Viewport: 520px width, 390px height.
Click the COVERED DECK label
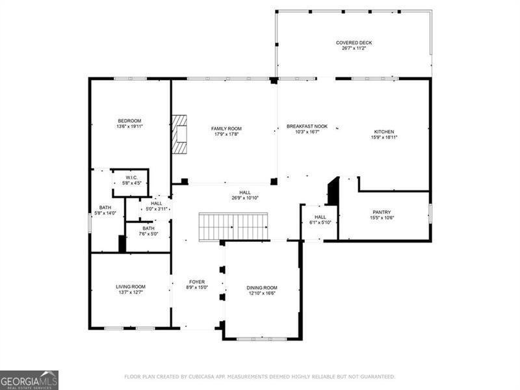pos(354,43)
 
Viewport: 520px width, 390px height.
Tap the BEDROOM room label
pos(129,121)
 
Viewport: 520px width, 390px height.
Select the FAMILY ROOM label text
pos(226,129)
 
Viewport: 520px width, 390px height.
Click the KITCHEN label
pos(383,132)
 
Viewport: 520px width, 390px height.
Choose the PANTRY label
pos(382,212)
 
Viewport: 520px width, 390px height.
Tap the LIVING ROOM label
pos(131,287)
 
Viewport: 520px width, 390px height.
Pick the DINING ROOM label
pos(262,287)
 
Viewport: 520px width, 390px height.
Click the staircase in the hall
pos(233,227)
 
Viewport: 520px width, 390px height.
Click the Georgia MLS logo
pos(29,380)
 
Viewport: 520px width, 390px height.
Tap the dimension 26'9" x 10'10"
pos(245,198)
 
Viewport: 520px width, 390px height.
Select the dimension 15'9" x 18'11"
pos(383,137)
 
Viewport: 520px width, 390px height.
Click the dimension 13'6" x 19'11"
pos(129,127)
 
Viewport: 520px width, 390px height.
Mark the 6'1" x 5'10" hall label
pos(320,222)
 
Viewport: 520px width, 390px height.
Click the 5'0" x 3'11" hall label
pos(157,209)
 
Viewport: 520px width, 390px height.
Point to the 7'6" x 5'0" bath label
pos(149,233)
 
